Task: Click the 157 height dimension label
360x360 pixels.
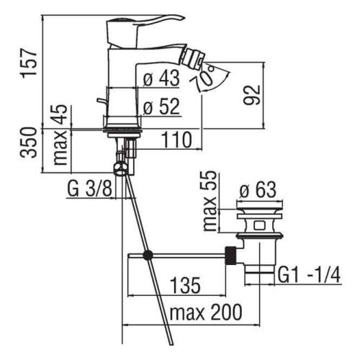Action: [30, 63]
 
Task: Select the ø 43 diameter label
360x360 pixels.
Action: [161, 78]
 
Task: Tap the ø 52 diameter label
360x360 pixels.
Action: [161, 107]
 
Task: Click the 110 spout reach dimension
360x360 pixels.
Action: [177, 140]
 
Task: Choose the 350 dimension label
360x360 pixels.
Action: [29, 143]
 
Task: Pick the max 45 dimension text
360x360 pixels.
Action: [60, 135]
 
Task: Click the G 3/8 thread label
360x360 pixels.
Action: [89, 189]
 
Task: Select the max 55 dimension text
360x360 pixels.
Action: [209, 201]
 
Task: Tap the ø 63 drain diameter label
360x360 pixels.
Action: [258, 189]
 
